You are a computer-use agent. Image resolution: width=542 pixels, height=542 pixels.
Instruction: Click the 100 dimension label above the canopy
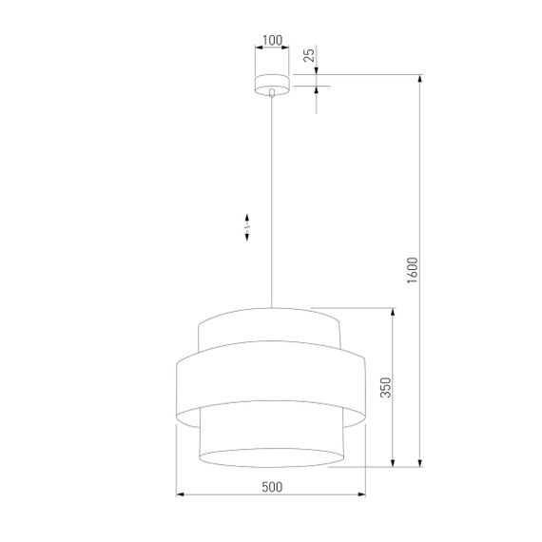tap(272, 41)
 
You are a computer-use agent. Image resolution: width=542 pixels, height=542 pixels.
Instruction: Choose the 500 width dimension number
tap(271, 487)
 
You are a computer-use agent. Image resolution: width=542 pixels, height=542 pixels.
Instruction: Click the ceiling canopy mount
tap(272, 83)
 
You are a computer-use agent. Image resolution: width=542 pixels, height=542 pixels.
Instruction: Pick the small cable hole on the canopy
tap(272, 92)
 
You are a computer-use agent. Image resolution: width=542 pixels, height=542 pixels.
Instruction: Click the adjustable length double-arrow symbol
tap(247, 224)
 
